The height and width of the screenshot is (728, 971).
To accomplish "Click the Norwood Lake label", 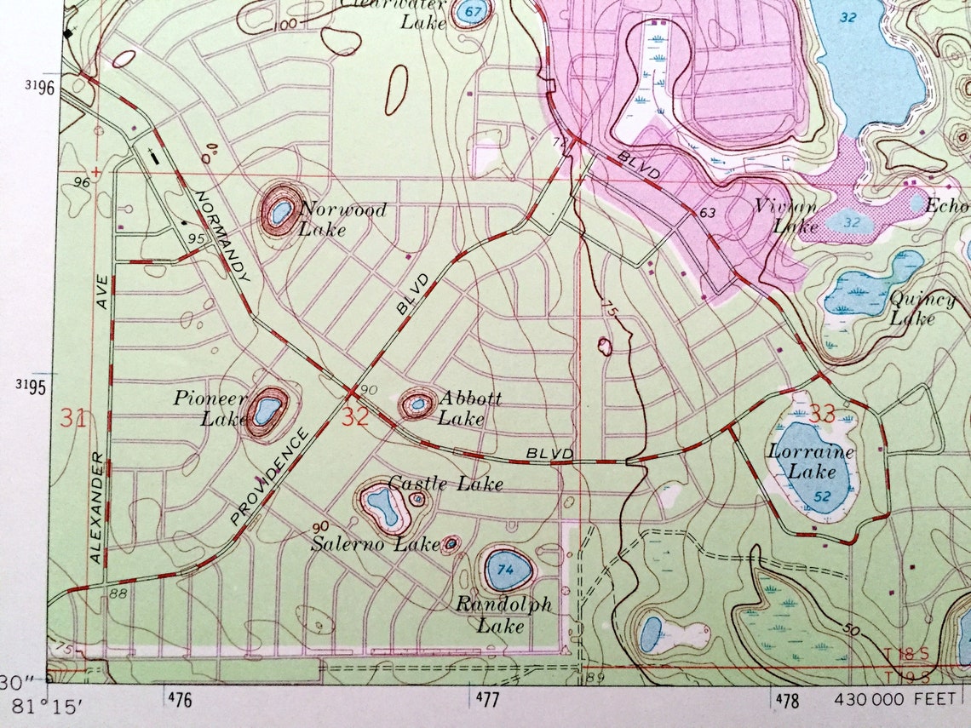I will (342, 219).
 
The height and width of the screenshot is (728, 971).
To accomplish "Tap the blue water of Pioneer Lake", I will (266, 410).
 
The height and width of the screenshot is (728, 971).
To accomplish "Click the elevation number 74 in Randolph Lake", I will (506, 570).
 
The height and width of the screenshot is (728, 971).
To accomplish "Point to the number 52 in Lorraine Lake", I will (822, 496).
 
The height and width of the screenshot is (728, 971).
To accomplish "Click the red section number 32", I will (356, 416).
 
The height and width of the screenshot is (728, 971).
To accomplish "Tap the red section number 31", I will (73, 418).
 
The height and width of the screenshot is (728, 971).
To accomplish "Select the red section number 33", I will (822, 415).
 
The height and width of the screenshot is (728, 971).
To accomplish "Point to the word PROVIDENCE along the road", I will (268, 478).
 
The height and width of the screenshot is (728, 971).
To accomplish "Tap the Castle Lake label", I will (445, 484).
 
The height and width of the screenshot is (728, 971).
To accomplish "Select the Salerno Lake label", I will (375, 542).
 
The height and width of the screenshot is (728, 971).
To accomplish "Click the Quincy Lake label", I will (921, 308).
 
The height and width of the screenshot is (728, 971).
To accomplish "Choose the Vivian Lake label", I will (784, 215).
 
